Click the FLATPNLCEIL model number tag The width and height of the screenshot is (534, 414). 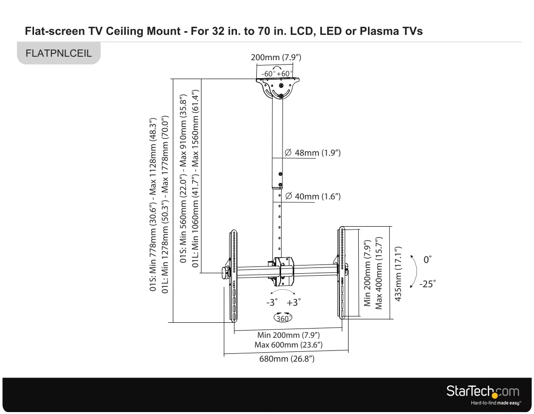click(59, 53)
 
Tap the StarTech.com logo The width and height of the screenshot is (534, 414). click(484, 394)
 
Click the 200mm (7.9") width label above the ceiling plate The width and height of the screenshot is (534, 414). click(276, 57)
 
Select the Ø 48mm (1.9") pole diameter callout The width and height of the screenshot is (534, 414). click(312, 152)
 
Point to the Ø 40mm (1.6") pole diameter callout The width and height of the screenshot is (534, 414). click(313, 196)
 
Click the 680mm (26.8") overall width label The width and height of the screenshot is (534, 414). click(287, 359)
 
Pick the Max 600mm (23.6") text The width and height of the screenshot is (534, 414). click(288, 345)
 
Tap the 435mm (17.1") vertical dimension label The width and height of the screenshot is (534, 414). click(398, 274)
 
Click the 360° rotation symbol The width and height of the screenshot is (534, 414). click(283, 317)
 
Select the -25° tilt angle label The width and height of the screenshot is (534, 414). click(427, 283)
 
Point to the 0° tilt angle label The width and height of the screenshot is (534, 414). click(427, 260)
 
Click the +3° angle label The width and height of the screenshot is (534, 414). click(294, 302)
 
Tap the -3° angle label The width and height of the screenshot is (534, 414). click(272, 302)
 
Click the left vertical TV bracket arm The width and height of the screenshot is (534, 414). click(234, 276)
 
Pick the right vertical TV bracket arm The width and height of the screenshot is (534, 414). click(342, 272)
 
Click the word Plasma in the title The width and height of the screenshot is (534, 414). click(378, 31)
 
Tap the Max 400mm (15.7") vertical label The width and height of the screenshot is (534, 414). click(379, 273)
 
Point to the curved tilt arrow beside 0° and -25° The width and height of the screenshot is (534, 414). click(417, 271)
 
